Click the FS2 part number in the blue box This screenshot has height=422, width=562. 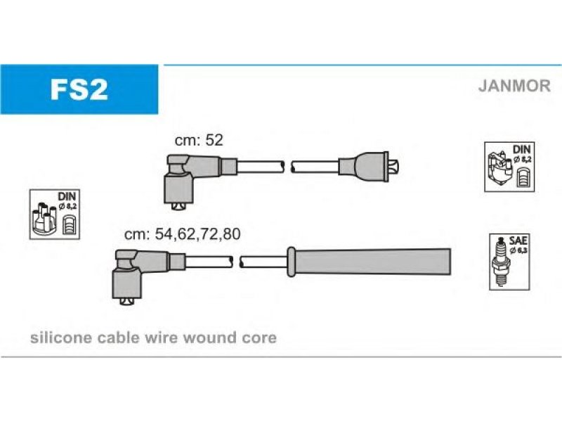point(79,90)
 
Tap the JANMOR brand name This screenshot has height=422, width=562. point(514,86)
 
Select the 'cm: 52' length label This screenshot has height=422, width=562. point(199,140)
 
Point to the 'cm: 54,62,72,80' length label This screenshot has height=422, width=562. point(182,234)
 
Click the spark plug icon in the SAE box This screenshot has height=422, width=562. point(501,262)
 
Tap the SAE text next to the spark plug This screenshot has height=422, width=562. point(518,241)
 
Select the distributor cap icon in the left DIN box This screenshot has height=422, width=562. point(44,219)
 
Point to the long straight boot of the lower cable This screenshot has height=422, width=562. point(370,262)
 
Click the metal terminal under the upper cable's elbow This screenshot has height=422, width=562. point(178,206)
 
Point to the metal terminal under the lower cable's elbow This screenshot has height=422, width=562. point(126,302)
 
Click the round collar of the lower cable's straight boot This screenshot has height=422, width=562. point(291,262)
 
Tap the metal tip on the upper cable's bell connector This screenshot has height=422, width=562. point(394,167)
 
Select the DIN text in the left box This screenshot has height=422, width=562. point(67,196)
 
